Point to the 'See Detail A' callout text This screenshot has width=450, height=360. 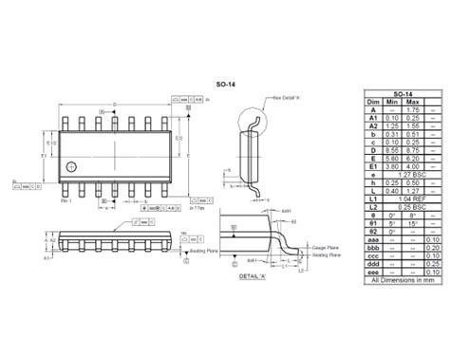point(287,97)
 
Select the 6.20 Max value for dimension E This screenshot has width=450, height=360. point(412,159)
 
